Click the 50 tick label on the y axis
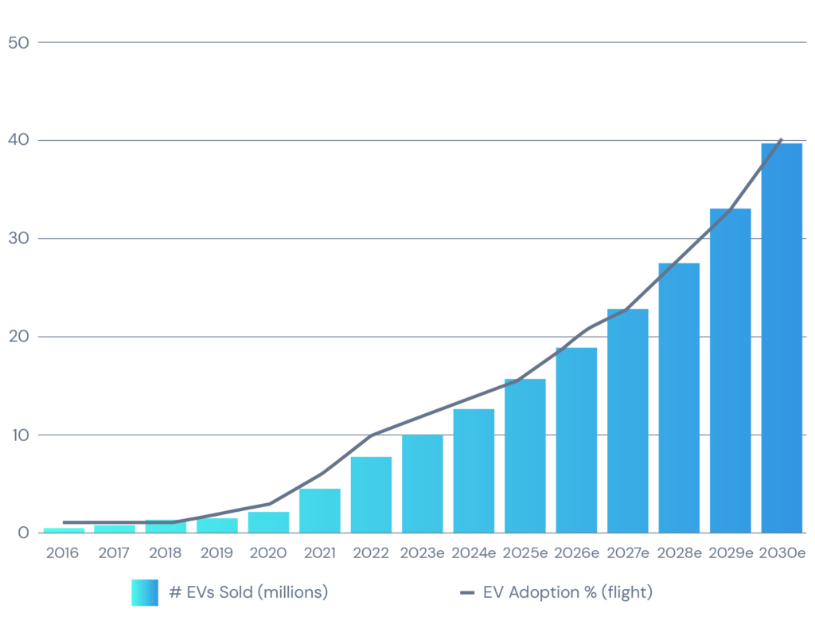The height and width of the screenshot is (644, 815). point(18,42)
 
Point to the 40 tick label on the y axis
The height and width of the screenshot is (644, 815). point(18,140)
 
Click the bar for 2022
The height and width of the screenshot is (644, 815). point(371,494)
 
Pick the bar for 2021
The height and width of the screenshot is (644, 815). point(319,510)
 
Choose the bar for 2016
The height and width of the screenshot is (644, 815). point(64,530)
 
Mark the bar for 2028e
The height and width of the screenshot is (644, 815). point(679,397)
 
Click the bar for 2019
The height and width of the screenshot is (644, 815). point(217,525)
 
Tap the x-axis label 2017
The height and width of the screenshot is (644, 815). point(114,553)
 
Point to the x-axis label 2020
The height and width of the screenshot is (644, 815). point(268,553)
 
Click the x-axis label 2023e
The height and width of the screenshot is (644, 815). point(423,553)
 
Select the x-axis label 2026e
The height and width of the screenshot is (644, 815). point(576,553)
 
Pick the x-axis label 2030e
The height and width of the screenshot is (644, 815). point(782,553)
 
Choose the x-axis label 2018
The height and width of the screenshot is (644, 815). point(165,553)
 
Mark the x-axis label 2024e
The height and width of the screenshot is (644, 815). point(474,553)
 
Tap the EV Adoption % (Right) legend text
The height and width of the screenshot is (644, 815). point(567,592)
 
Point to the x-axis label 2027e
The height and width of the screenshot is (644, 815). point(628,553)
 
